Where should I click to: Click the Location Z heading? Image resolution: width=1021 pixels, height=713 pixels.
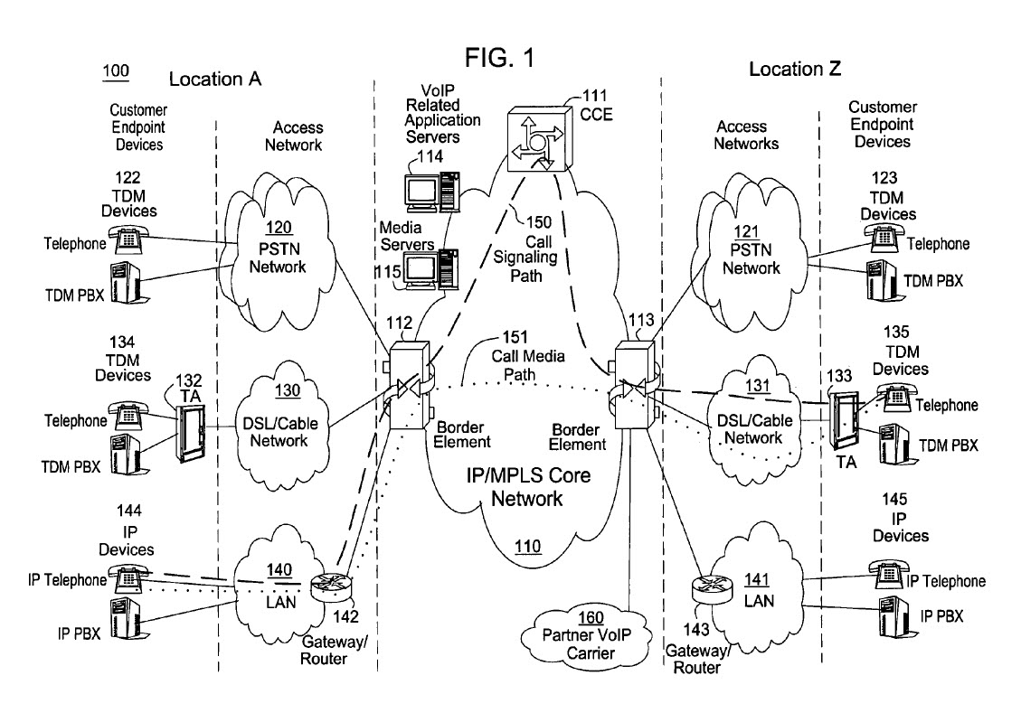point(796,69)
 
